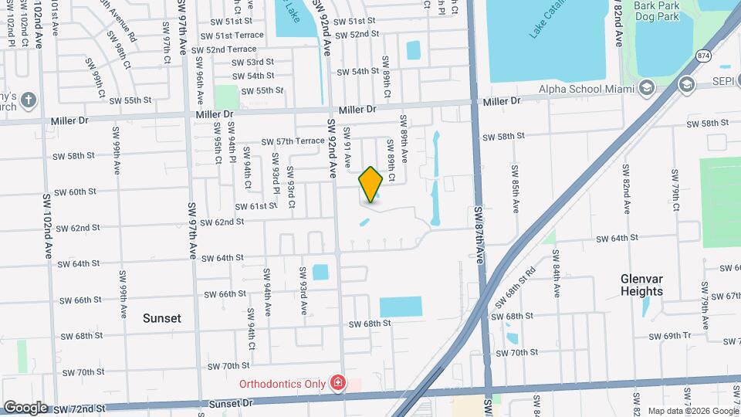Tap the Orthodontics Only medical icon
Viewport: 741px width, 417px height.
pyautogui.click(x=337, y=383)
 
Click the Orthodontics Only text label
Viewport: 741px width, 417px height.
pyautogui.click(x=283, y=383)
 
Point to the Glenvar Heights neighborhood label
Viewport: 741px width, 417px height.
pyautogui.click(x=641, y=285)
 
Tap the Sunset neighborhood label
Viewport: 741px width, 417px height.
pyautogui.click(x=162, y=318)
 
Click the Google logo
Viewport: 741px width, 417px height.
pyautogui.click(x=25, y=407)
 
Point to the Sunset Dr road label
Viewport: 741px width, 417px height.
pyautogui.click(x=231, y=403)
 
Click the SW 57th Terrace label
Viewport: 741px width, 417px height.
pyautogui.click(x=293, y=141)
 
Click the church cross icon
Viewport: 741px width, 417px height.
pyautogui.click(x=28, y=100)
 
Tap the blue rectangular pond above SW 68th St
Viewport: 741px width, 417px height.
pyautogui.click(x=401, y=307)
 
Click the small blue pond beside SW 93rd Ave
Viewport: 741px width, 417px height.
pyautogui.click(x=320, y=273)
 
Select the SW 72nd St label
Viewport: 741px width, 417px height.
pyautogui.click(x=76, y=409)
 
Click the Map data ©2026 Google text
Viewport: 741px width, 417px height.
pyautogui.click(x=692, y=411)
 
